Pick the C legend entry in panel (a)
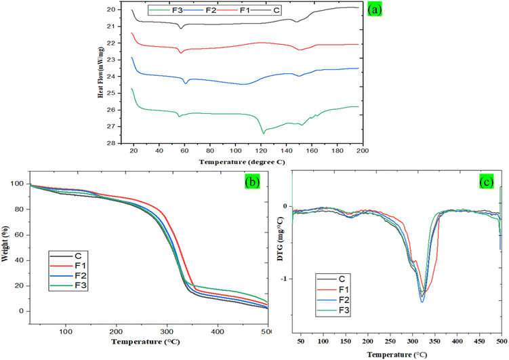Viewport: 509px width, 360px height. [277, 12]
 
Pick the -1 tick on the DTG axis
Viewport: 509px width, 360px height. [285, 279]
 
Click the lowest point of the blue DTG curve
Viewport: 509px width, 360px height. [422, 301]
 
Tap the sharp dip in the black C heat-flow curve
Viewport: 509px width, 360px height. [180, 28]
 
